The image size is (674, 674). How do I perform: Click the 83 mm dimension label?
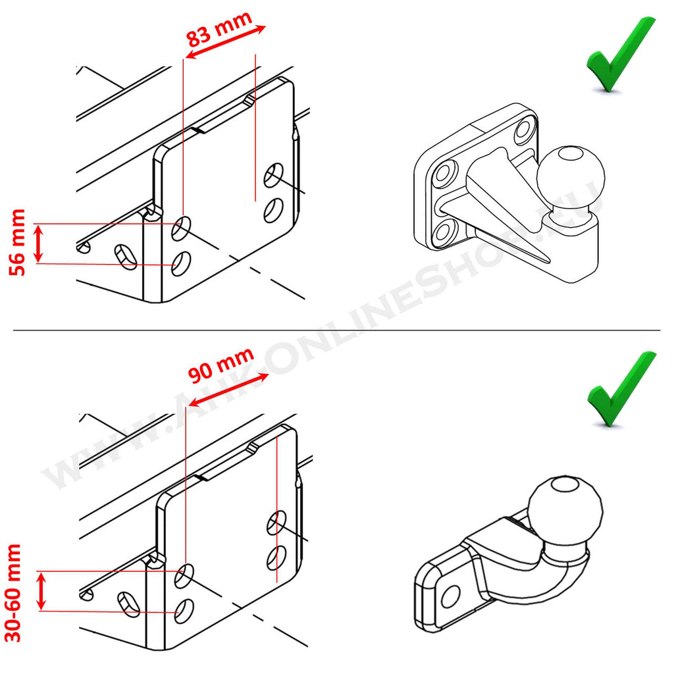(219, 29)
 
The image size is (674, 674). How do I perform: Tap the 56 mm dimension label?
(18, 242)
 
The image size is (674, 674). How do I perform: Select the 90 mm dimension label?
(221, 365)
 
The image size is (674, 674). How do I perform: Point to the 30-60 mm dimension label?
(13, 593)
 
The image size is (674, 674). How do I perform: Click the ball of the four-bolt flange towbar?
(571, 176)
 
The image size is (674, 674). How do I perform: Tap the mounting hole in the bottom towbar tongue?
(450, 596)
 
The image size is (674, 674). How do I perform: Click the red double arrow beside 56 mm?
(39, 244)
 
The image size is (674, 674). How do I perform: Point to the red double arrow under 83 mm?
(225, 41)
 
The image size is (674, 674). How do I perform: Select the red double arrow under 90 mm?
(228, 390)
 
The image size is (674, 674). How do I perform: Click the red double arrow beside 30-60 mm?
(41, 592)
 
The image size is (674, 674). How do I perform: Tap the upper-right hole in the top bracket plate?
(273, 175)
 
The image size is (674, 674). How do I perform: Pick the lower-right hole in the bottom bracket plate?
(276, 557)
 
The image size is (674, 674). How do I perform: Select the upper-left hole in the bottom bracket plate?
(184, 576)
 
